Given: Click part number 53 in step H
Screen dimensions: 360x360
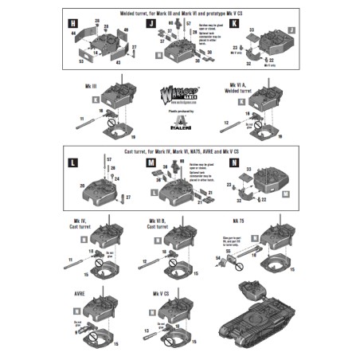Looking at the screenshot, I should [x=82, y=60].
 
